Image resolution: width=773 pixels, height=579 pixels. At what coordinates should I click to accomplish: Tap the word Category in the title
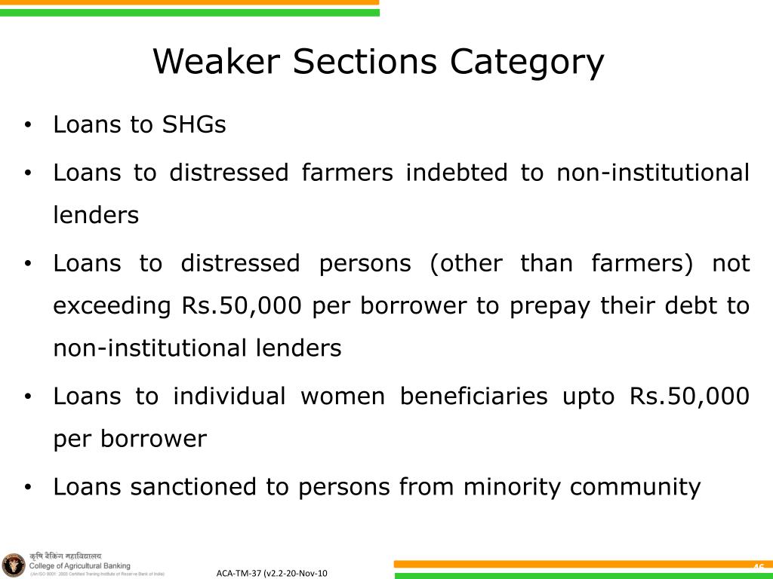coord(528,62)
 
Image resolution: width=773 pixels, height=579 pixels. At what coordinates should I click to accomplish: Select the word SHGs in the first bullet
coord(194,124)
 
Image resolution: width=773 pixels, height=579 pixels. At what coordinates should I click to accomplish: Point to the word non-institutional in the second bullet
coord(653,173)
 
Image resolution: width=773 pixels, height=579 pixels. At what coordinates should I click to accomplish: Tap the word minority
coord(513,487)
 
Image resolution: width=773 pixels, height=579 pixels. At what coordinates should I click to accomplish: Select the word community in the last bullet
coord(635,487)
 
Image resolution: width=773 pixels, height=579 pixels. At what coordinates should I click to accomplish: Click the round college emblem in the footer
coord(14,564)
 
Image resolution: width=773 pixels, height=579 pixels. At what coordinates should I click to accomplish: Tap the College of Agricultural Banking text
coord(79,565)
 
